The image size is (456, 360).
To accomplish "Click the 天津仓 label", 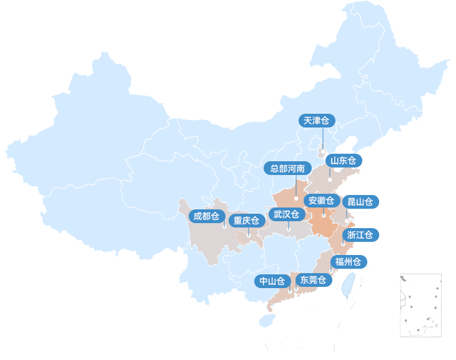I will point(317,121).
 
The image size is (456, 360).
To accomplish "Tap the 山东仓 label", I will point(344,161).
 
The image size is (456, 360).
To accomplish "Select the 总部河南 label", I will point(287,169).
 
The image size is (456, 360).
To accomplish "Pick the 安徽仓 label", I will point(322,201).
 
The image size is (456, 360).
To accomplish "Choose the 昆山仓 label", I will point(360,202).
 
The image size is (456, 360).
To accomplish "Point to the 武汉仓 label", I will point(287,214).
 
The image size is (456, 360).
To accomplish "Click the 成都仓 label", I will point(207,216).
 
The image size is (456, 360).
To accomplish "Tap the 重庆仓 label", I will point(246,221).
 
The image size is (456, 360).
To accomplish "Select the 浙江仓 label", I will point(360,235).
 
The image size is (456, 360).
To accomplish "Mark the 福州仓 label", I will point(348,262).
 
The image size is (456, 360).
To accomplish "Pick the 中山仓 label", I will point(272,281).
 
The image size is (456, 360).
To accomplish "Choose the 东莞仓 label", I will point(312,280).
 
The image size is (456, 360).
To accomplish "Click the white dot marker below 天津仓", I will point(322,151).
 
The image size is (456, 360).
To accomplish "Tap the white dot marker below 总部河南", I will point(296,198).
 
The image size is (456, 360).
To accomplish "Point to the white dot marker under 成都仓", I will point(224,227).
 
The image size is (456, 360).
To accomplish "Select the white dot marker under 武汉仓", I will point(289,229).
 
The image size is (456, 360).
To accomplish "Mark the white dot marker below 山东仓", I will point(330,180).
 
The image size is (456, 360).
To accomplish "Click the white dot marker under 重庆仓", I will point(249,236).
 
